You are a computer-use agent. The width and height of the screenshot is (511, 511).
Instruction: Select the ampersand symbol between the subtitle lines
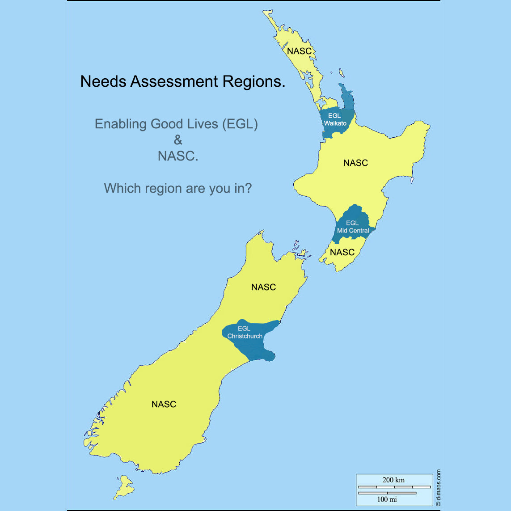(178, 140)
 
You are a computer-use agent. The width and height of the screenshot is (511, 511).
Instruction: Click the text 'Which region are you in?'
(178, 188)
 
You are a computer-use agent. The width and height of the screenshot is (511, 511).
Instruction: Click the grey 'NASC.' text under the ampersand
(178, 156)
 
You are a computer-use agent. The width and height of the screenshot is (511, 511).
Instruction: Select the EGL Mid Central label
(353, 227)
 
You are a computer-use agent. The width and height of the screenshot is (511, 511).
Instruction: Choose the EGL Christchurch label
(245, 332)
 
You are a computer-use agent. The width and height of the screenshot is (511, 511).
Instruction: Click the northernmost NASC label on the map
(299, 51)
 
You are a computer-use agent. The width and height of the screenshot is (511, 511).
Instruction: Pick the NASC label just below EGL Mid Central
(342, 253)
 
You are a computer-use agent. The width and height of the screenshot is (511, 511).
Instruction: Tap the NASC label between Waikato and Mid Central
(355, 163)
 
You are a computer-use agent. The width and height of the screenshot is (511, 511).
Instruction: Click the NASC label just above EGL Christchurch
(263, 287)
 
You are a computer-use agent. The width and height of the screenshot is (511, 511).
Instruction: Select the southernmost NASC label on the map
(164, 404)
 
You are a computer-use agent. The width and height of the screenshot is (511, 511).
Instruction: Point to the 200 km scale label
(393, 480)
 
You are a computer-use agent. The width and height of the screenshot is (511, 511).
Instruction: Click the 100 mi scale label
(387, 499)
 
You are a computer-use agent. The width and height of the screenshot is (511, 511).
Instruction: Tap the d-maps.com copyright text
(438, 487)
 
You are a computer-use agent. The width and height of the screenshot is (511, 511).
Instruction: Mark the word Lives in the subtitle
(204, 124)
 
